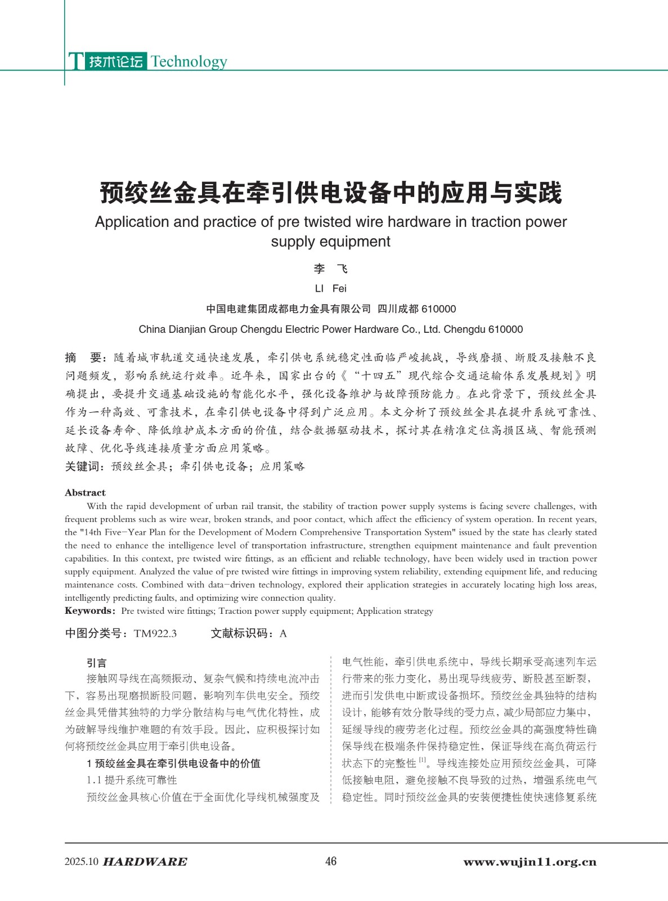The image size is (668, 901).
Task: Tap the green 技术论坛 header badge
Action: tap(116, 61)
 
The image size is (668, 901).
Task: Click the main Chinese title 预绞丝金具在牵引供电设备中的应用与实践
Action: tap(331, 193)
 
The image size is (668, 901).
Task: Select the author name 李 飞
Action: tap(331, 269)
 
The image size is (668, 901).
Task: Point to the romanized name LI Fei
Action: tap(331, 289)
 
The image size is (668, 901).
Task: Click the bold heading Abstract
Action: tap(85, 493)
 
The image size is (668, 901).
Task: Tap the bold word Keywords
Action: tap(89, 611)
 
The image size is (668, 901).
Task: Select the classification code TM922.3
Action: tap(155, 634)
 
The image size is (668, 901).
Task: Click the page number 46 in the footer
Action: tap(331, 861)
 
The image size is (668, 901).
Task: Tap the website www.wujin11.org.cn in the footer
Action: tap(530, 862)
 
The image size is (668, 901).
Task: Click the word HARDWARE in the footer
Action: tap(145, 862)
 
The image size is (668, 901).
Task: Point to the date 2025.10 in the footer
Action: tap(82, 862)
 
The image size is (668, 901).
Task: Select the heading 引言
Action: tap(97, 663)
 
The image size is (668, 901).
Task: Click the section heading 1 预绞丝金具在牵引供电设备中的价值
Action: tap(173, 764)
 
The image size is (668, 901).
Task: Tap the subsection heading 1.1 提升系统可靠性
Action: tap(132, 780)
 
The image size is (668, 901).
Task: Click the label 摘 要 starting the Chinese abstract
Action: tap(83, 358)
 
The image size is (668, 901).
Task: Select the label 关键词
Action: tap(83, 466)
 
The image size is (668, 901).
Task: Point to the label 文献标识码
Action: tap(239, 634)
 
